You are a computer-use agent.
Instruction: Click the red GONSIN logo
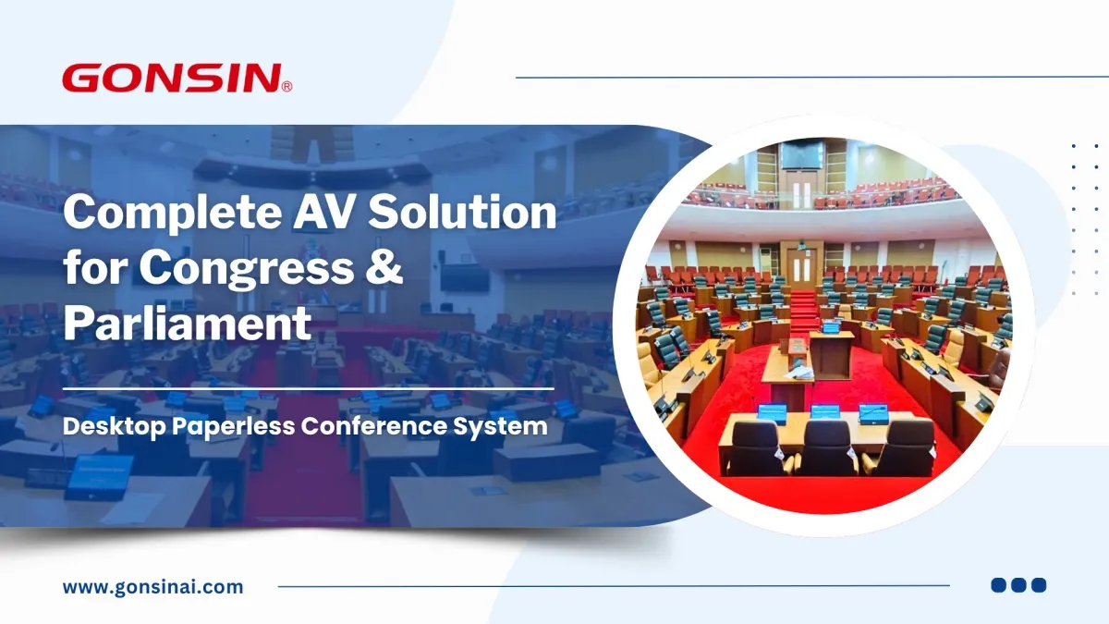177,78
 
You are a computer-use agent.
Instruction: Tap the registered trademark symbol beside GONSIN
286,87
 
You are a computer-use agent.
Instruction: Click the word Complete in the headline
173,213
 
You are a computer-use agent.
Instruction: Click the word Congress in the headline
247,269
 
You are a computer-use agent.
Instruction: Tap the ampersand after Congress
384,266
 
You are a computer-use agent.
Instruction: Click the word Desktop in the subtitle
115,427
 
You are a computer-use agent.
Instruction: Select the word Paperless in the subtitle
233,427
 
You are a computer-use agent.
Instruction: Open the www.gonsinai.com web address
153,587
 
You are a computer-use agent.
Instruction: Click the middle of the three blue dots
1018,585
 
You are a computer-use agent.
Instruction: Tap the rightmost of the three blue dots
1039,585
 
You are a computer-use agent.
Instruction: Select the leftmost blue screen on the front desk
773,413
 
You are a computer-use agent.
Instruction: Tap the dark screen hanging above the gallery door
801,154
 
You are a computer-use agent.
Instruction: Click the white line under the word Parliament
309,389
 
